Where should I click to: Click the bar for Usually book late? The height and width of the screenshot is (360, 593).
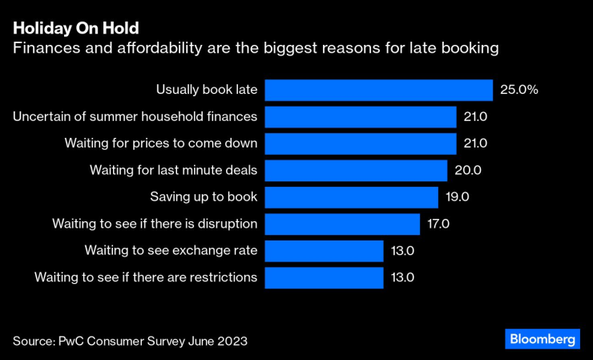(378, 90)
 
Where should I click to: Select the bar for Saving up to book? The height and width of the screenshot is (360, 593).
(351, 197)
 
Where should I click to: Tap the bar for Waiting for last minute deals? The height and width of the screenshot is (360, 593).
(356, 170)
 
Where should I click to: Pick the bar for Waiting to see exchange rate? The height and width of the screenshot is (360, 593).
(324, 251)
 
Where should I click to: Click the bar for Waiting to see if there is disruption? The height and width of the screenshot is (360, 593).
(342, 224)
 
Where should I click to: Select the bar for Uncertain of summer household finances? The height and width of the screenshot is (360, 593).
(361, 117)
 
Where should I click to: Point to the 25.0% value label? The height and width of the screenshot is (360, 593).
(518, 90)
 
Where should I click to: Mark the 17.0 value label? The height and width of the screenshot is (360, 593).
(439, 224)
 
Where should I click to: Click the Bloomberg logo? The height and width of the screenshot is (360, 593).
(543, 339)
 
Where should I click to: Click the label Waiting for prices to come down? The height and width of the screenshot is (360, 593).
(161, 144)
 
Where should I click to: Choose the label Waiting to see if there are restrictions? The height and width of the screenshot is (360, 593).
(146, 277)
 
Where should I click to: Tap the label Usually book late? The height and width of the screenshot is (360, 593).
(207, 90)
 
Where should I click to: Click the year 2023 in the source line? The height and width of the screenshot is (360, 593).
(232, 341)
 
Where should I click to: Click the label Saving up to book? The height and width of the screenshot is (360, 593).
(204, 197)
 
